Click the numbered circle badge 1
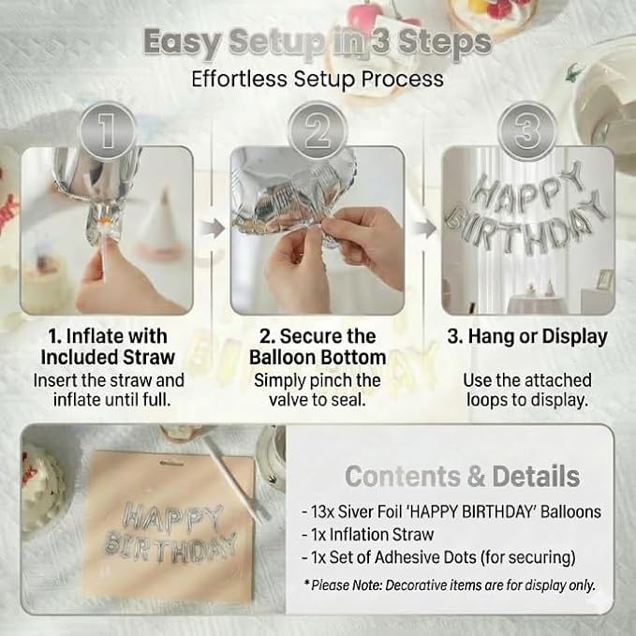[x=108, y=131]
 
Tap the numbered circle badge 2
[x=318, y=131]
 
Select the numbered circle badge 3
[x=527, y=131]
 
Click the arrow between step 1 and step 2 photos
[x=212, y=229]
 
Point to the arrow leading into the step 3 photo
[x=424, y=229]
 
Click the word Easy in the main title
[x=182, y=43]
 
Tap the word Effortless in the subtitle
[x=239, y=79]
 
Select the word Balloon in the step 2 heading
[x=283, y=358]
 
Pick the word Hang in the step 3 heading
[x=490, y=336]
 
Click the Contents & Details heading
[x=463, y=476]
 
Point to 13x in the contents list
[x=322, y=511]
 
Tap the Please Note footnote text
[x=450, y=585]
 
